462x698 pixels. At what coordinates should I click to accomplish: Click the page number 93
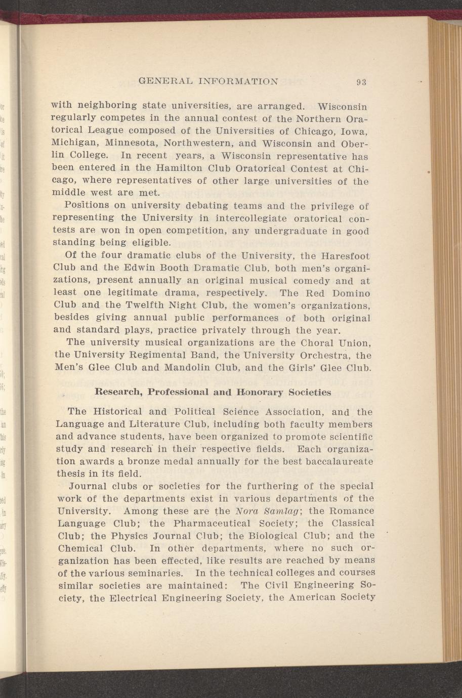[x=361, y=81]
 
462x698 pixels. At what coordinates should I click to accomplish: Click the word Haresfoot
[x=346, y=256]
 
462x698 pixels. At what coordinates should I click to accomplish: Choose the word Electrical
[x=132, y=598]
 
